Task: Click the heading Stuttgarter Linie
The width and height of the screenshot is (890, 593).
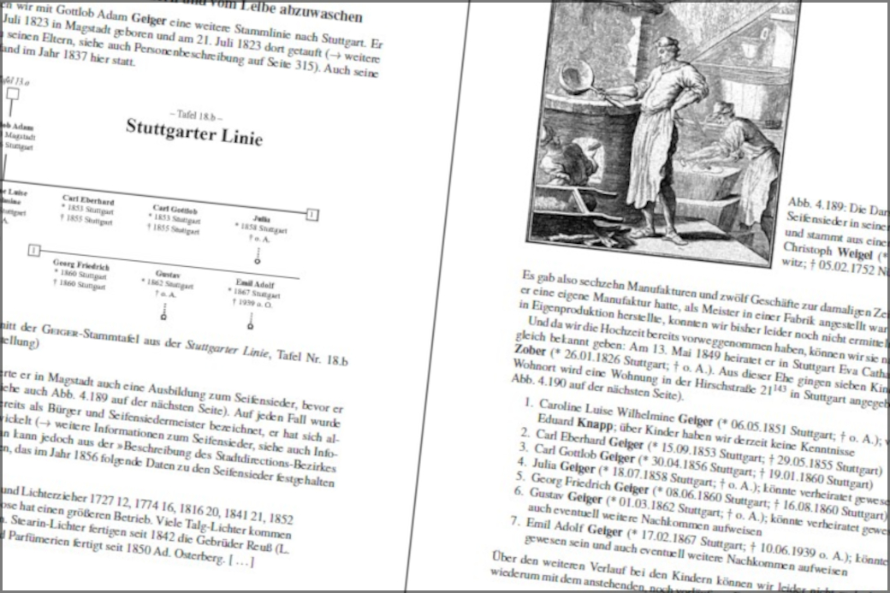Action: [x=193, y=132]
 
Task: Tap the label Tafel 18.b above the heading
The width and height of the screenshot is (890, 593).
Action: [x=196, y=114]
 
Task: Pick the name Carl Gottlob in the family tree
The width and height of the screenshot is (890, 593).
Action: [x=175, y=208]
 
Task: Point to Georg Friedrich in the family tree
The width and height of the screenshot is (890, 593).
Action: [x=81, y=265]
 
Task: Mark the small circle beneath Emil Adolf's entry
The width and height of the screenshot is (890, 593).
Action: [x=250, y=326]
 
